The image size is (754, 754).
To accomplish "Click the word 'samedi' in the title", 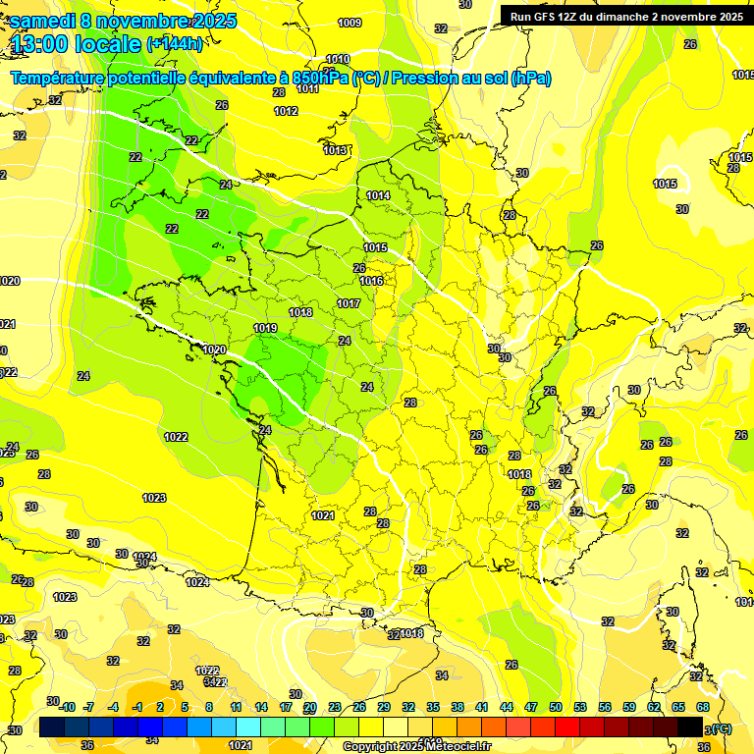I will pos(42,21).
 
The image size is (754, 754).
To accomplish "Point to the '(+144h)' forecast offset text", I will pos(175,44).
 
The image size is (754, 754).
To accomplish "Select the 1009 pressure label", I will pos(350,23).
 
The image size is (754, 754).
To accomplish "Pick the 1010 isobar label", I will pos(338,59).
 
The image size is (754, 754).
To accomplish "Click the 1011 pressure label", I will pos(307,88).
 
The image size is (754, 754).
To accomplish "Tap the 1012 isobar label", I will pos(286,111).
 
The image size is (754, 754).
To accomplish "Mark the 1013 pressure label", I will pos(335,149).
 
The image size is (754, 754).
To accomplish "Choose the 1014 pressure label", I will pos(378,195).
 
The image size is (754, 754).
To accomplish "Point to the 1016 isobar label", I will pos(371,281).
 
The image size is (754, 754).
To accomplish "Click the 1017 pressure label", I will pos(349,303).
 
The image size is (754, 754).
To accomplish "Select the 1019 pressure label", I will pos(264,328).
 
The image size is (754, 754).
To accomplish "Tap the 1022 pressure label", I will pos(177,437).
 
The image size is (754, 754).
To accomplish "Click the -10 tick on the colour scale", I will pos(67,707).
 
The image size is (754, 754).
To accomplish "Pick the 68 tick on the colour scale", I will pos(703,707).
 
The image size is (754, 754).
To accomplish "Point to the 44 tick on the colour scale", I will pos(507,707).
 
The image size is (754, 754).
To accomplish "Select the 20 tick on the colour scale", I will pos(310,707).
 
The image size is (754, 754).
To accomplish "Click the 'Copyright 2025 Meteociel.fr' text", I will pos(415,746).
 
